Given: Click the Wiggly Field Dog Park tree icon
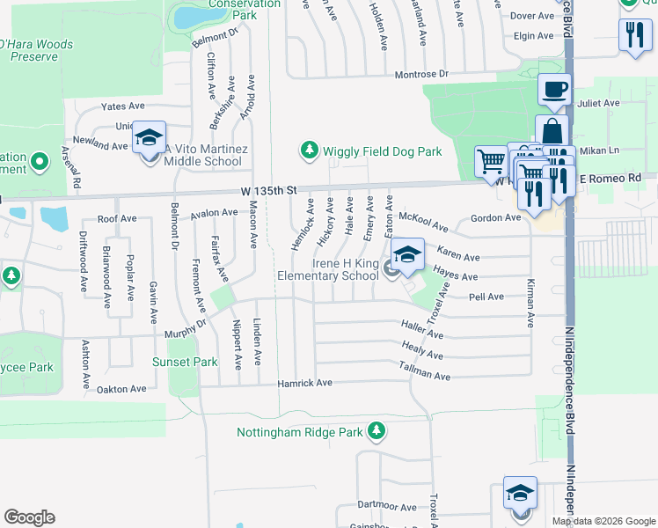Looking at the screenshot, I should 309,151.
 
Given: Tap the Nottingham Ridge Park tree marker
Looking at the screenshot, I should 377,431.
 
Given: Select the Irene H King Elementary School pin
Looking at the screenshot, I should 406,254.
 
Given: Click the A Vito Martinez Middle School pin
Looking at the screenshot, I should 150,137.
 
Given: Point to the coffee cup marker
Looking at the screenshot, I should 555,89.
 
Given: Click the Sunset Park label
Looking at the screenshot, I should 184,362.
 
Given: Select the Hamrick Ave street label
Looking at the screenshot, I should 304,383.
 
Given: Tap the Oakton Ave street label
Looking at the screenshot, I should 122,389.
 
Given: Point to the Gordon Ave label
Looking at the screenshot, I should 495,217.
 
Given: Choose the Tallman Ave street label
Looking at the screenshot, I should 425,375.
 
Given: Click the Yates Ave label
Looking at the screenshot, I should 122,106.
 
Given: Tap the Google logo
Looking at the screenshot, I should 30,517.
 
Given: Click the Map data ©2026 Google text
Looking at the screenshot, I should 603,521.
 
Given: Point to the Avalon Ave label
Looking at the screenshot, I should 215,212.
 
